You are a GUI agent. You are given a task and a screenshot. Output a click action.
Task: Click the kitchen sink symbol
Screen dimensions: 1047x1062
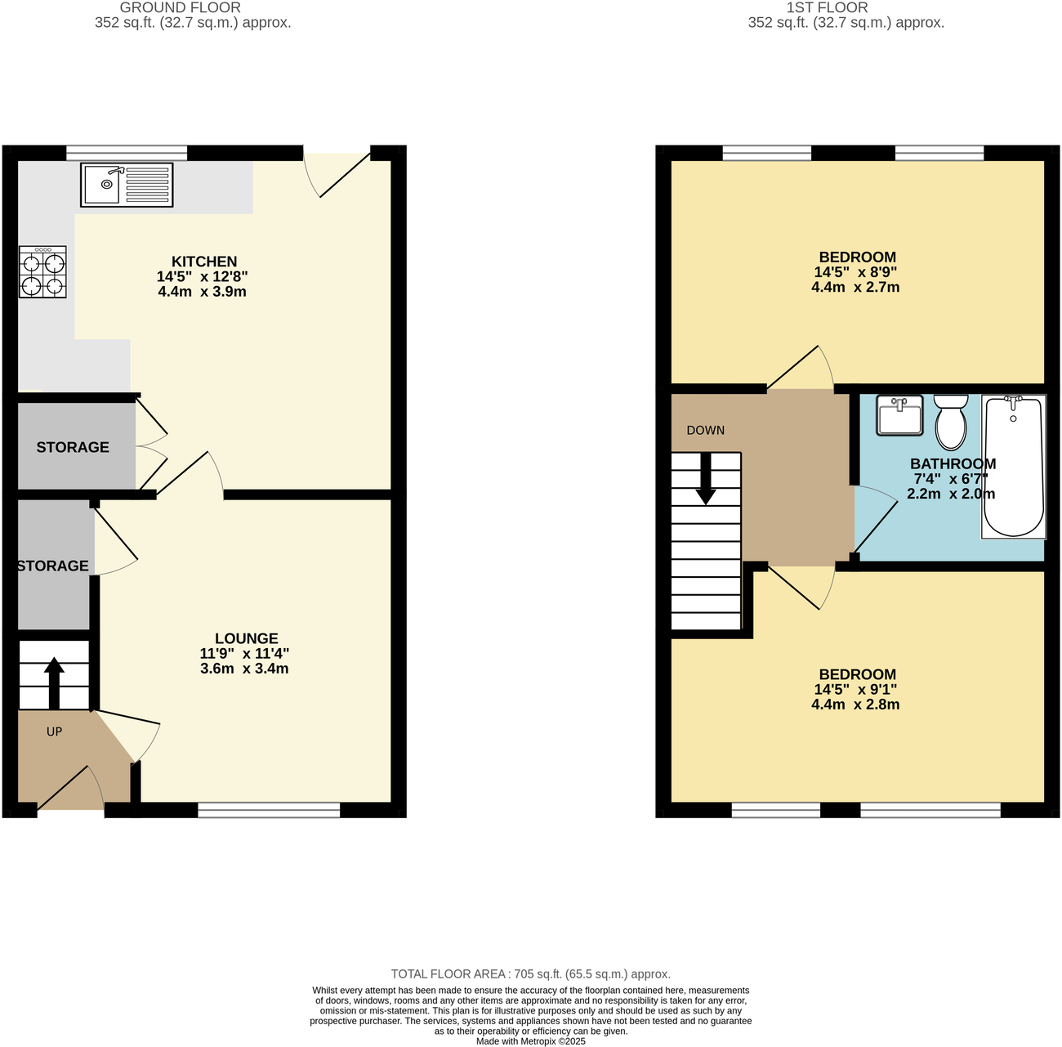127,185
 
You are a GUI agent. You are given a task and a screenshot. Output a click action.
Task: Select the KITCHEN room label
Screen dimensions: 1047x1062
204,262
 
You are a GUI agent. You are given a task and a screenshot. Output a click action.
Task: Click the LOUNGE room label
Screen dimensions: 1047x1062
247,638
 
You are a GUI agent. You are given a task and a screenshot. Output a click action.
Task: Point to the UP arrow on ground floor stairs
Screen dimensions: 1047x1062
54,682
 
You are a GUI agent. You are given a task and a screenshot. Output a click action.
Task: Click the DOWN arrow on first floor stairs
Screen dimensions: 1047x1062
706,478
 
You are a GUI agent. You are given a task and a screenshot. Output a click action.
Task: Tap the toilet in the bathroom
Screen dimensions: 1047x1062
950,422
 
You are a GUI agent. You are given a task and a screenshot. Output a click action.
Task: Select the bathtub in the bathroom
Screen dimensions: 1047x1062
1013,467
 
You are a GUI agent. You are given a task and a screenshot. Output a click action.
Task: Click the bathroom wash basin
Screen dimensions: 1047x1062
899,415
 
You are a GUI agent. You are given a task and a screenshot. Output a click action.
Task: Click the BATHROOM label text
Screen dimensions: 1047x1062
953,463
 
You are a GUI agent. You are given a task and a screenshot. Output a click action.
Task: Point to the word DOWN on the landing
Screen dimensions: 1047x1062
705,431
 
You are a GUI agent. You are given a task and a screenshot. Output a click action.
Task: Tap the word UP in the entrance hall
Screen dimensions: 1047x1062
54,732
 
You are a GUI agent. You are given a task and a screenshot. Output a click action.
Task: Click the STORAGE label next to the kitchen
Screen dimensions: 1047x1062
73,447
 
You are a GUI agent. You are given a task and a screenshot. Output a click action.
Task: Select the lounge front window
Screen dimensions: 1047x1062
269,810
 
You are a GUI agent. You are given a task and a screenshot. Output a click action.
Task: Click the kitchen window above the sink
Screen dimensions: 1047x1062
127,152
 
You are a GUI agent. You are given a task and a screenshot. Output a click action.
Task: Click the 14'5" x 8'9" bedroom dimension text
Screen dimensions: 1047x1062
856,272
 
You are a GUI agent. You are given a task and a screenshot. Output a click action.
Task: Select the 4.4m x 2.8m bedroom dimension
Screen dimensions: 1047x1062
855,705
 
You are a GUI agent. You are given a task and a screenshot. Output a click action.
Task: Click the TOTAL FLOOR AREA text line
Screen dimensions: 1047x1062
530,974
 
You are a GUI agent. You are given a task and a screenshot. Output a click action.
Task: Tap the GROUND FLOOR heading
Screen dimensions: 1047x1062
181,7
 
